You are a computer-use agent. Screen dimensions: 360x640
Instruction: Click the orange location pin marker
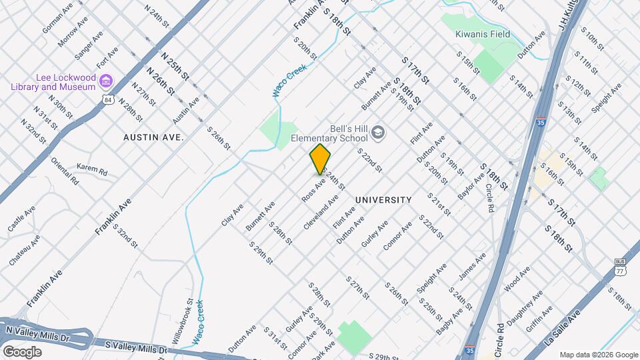coord(321,159)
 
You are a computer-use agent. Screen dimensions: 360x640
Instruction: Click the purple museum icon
coord(105,81)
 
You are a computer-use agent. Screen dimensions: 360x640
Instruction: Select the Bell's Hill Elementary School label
coord(329,134)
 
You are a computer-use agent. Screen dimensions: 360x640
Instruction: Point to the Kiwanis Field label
coord(482,34)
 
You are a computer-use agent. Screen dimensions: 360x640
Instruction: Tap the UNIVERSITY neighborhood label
coord(383,200)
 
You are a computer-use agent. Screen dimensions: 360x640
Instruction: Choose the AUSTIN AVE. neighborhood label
coord(153,136)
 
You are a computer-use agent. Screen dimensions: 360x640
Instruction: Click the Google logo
coord(22,351)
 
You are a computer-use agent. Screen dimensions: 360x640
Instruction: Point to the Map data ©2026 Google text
coord(598,355)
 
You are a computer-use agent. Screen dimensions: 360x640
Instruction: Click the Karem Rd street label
coord(92,171)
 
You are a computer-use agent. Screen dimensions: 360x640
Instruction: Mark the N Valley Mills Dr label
coord(37,333)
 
